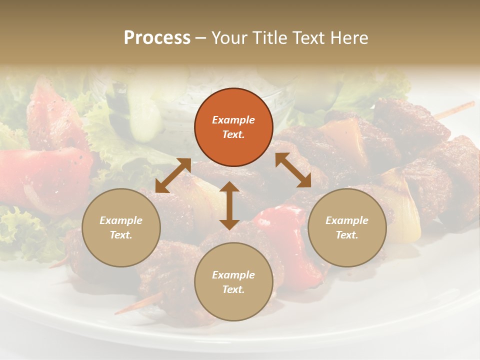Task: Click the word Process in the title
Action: point(157,38)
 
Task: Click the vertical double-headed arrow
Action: point(229,205)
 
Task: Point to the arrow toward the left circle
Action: point(173,175)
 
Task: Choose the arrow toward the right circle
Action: point(293,170)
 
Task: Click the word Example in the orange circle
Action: point(233,120)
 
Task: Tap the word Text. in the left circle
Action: point(121,235)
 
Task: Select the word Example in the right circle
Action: point(347,220)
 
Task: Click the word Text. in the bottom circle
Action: point(233,289)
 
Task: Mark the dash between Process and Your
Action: point(200,38)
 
